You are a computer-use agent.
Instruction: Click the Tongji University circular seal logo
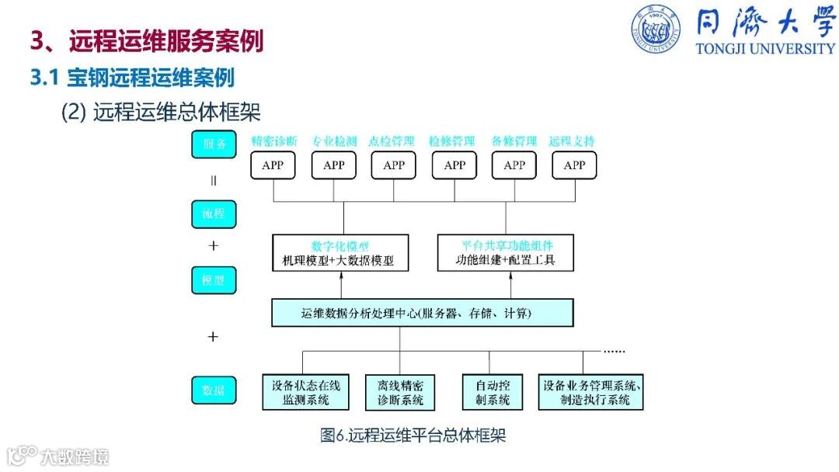click(655, 29)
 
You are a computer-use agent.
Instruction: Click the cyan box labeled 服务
click(214, 144)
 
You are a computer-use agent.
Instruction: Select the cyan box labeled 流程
click(214, 213)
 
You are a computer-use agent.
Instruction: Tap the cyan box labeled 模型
click(214, 280)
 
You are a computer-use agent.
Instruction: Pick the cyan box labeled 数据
click(214, 390)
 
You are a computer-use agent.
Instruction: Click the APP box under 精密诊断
click(273, 165)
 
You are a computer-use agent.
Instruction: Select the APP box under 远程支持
click(574, 165)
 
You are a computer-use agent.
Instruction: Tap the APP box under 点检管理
click(394, 165)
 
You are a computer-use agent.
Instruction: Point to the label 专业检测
click(334, 141)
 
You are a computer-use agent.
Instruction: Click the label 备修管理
click(514, 141)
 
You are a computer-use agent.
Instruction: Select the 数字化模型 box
click(334, 253)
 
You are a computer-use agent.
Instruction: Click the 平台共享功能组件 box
click(506, 253)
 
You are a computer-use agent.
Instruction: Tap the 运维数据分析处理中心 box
click(423, 313)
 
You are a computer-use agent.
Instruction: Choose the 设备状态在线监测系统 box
click(306, 392)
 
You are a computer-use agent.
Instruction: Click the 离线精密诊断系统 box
click(400, 392)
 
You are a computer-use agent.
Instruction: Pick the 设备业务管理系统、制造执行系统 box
click(591, 392)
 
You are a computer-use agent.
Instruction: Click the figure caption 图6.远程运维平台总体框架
click(413, 436)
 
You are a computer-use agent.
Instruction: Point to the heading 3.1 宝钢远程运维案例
click(132, 78)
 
